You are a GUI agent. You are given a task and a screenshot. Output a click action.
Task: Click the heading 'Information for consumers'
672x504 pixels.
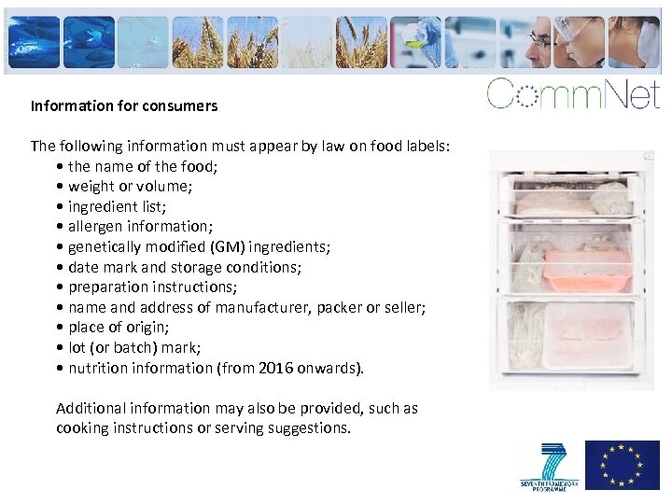coord(123,106)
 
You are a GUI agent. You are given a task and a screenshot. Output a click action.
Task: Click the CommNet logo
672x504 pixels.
coord(572,94)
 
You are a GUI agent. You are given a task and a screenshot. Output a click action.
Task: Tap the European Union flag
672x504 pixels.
coord(622,465)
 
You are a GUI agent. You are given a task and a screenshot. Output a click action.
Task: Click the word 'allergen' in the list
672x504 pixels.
coord(95,227)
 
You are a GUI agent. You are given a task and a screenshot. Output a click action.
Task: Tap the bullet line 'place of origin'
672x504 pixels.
coord(118,328)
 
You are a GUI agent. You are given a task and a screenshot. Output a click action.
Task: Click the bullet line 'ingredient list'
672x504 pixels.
coord(119,206)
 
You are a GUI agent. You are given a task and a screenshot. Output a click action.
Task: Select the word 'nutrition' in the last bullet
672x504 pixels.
coord(100,369)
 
